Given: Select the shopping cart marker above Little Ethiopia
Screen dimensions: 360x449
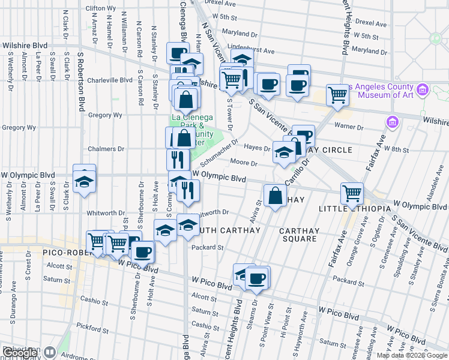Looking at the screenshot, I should (352, 193).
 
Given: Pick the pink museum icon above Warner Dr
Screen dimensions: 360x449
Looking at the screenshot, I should (393, 122).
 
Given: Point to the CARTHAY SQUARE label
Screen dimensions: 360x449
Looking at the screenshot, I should (298, 235).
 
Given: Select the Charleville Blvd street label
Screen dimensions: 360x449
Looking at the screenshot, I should (110, 80).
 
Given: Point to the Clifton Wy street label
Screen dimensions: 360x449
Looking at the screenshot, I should (101, 8).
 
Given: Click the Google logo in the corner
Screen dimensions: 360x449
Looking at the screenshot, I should (20, 353).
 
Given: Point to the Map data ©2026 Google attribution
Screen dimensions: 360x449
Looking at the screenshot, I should (411, 355).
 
